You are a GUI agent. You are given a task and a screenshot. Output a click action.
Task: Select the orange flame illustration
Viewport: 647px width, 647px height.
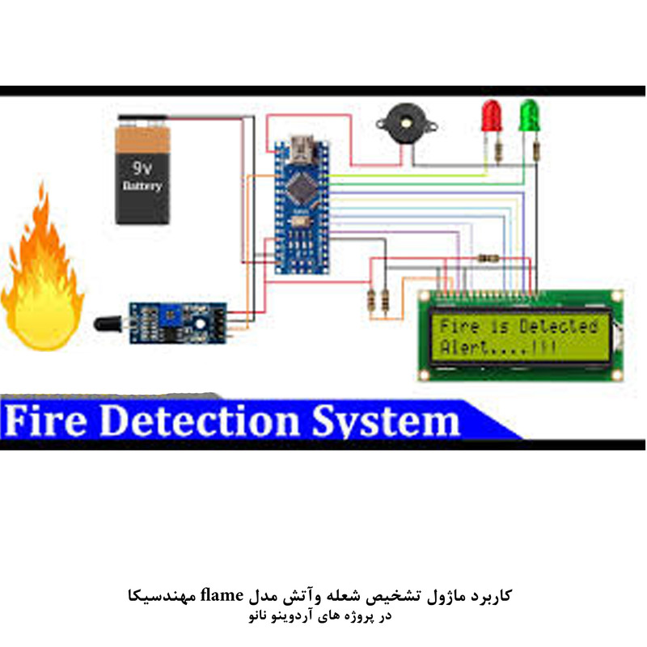click(x=40, y=275)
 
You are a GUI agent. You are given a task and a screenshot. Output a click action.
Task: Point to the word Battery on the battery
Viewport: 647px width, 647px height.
click(x=142, y=187)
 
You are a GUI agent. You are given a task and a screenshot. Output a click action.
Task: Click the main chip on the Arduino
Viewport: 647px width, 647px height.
click(x=299, y=187)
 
